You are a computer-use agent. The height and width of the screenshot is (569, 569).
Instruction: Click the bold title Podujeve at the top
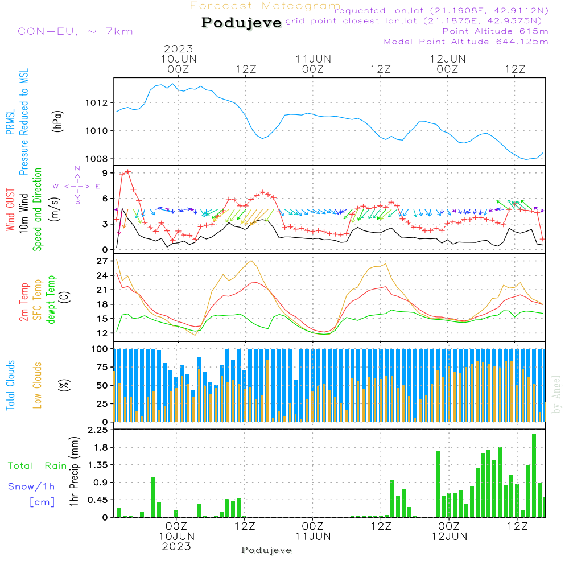[x=241, y=23]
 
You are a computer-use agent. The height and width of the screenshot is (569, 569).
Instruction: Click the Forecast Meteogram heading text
[x=265, y=6]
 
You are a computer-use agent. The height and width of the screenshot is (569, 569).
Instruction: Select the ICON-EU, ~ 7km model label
[x=73, y=31]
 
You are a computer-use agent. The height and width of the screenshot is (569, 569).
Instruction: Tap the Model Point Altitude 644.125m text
[x=466, y=42]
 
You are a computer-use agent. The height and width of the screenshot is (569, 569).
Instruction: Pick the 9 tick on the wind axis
[x=104, y=173]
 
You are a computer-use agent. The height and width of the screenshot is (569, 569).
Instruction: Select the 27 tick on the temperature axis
[x=102, y=262]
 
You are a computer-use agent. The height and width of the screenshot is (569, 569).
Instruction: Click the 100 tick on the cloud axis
[x=100, y=349]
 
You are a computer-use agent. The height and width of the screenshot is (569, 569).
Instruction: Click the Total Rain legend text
[x=37, y=466]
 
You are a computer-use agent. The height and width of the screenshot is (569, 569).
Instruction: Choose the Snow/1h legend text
[x=31, y=486]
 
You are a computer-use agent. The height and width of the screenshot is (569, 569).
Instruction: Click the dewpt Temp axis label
[x=51, y=300]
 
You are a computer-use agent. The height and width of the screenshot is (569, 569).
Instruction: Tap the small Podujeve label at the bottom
[x=266, y=550]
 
